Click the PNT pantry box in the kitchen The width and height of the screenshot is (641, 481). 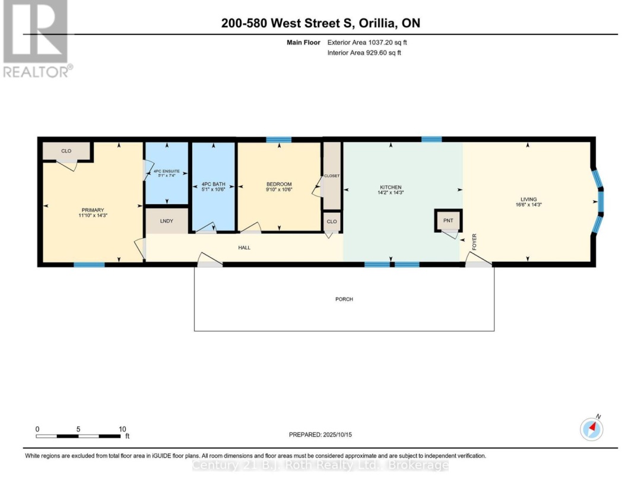click(x=448, y=220)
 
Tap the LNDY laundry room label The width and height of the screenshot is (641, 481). click(x=167, y=221)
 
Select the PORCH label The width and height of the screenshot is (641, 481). click(x=344, y=299)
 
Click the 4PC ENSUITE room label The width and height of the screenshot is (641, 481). click(x=166, y=172)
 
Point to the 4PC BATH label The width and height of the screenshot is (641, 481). click(x=214, y=184)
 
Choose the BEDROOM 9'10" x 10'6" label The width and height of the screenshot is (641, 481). click(x=279, y=186)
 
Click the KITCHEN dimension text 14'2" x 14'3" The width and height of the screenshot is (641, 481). click(x=391, y=192)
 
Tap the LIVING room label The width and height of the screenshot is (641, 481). click(x=529, y=199)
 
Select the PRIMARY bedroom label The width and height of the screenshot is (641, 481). click(x=93, y=210)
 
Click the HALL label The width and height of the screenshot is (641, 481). click(x=245, y=248)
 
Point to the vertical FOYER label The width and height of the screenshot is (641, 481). click(x=474, y=242)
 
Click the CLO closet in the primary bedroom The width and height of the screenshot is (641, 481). click(x=66, y=151)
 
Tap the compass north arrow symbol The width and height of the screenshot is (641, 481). click(x=592, y=429)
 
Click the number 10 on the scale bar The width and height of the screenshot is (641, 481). click(x=122, y=429)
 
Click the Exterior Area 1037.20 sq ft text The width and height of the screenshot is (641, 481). click(x=367, y=42)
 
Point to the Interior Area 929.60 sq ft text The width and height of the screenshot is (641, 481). click(x=364, y=52)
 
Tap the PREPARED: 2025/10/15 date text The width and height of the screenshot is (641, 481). click(x=320, y=434)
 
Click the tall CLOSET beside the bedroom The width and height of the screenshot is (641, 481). click(x=332, y=176)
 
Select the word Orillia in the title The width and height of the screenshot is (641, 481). click(x=377, y=23)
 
